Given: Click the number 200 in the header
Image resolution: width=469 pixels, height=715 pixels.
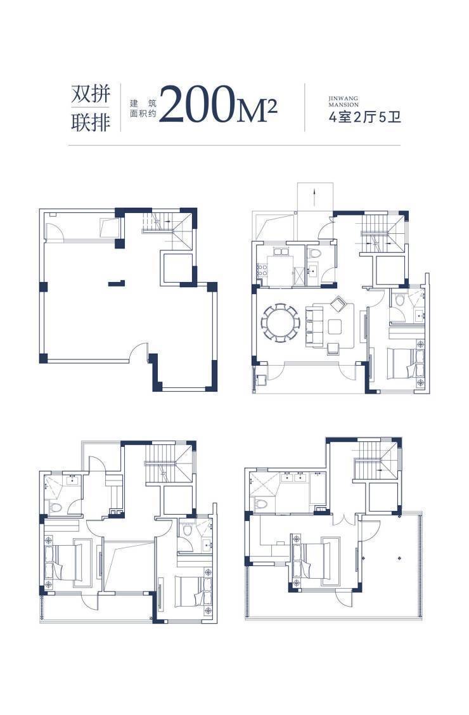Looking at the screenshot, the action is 197,105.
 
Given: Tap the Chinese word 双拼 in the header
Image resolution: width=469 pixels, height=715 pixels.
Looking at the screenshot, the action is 91,94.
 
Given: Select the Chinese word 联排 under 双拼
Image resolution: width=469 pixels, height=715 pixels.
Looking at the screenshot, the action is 91,122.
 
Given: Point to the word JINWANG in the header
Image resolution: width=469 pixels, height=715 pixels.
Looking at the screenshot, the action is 344,98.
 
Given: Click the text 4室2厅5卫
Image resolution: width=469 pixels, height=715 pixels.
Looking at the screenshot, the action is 364,117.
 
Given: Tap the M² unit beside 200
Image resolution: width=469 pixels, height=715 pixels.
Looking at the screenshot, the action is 257,111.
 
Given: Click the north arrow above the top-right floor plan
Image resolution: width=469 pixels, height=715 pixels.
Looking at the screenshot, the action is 314,196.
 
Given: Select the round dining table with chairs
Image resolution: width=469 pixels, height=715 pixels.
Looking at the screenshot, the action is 280,323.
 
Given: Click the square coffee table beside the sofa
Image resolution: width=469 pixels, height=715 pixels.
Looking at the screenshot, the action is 335,326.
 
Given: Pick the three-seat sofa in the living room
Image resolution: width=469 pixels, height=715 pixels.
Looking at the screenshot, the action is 314,326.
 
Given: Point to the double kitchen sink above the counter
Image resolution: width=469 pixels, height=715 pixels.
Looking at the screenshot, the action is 281,251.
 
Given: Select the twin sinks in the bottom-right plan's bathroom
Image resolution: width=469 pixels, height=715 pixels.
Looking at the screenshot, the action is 293,477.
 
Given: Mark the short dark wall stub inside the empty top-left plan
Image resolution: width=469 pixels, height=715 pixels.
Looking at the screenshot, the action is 117,283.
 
